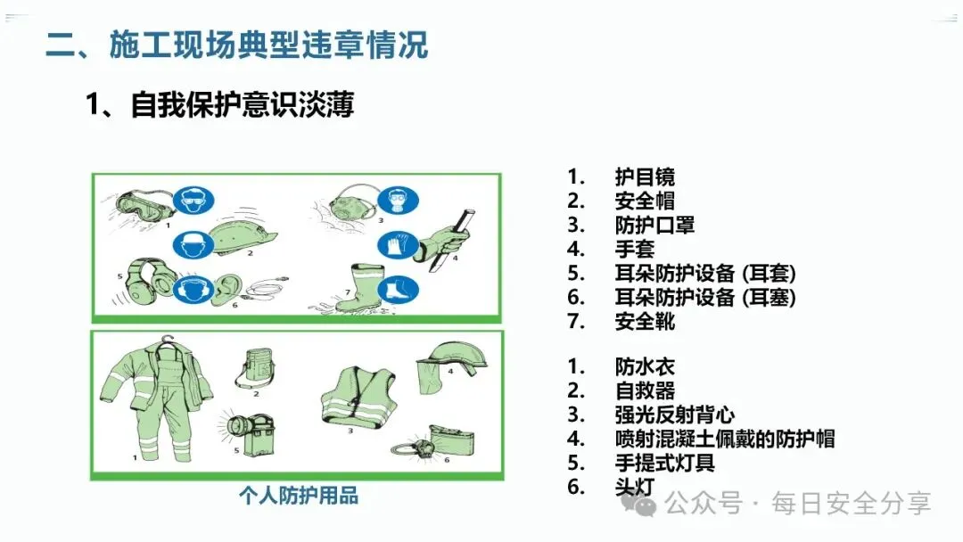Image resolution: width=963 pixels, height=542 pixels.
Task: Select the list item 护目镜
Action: (x=645, y=177)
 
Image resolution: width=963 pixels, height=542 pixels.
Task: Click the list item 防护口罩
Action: (x=654, y=226)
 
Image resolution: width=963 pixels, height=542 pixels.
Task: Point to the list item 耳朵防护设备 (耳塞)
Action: (x=704, y=297)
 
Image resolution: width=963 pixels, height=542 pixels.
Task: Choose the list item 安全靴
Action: (x=645, y=321)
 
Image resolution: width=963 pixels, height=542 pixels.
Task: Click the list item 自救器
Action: (x=645, y=390)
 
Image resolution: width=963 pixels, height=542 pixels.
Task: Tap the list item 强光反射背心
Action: (x=674, y=415)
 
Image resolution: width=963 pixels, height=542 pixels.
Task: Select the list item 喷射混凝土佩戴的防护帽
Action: (x=724, y=439)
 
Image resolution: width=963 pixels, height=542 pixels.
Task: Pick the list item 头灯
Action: (x=635, y=487)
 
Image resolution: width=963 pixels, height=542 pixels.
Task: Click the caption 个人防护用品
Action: (x=298, y=497)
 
